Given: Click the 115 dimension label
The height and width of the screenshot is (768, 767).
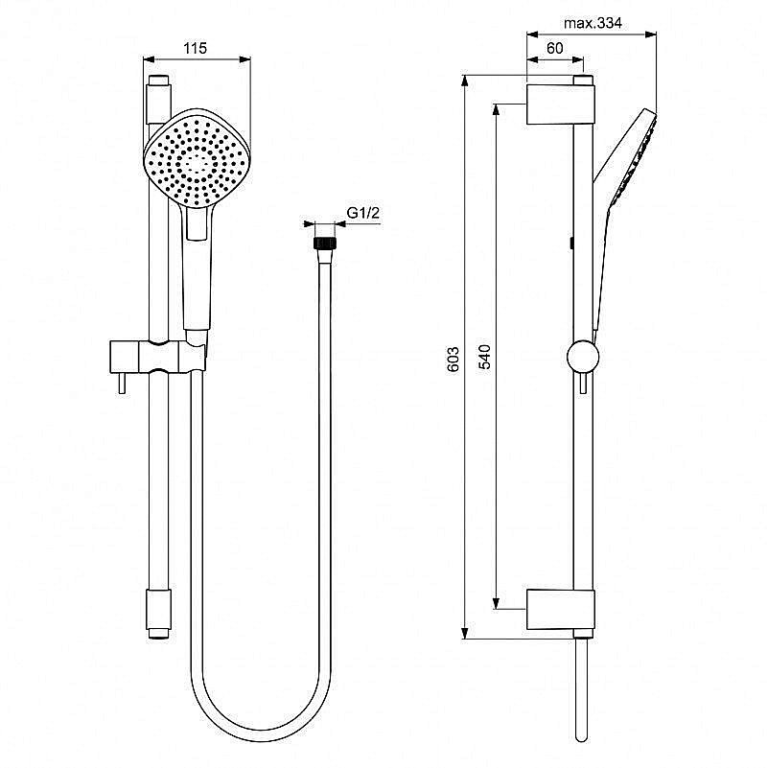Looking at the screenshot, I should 196,47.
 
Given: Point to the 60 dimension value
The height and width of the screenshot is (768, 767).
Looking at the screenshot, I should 554,47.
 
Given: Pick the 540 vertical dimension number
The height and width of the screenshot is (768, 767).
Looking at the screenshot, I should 485,358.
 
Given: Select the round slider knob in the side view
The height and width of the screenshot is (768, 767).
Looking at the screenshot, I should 581,357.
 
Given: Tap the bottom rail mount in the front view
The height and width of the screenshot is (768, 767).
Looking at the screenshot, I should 158,613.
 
